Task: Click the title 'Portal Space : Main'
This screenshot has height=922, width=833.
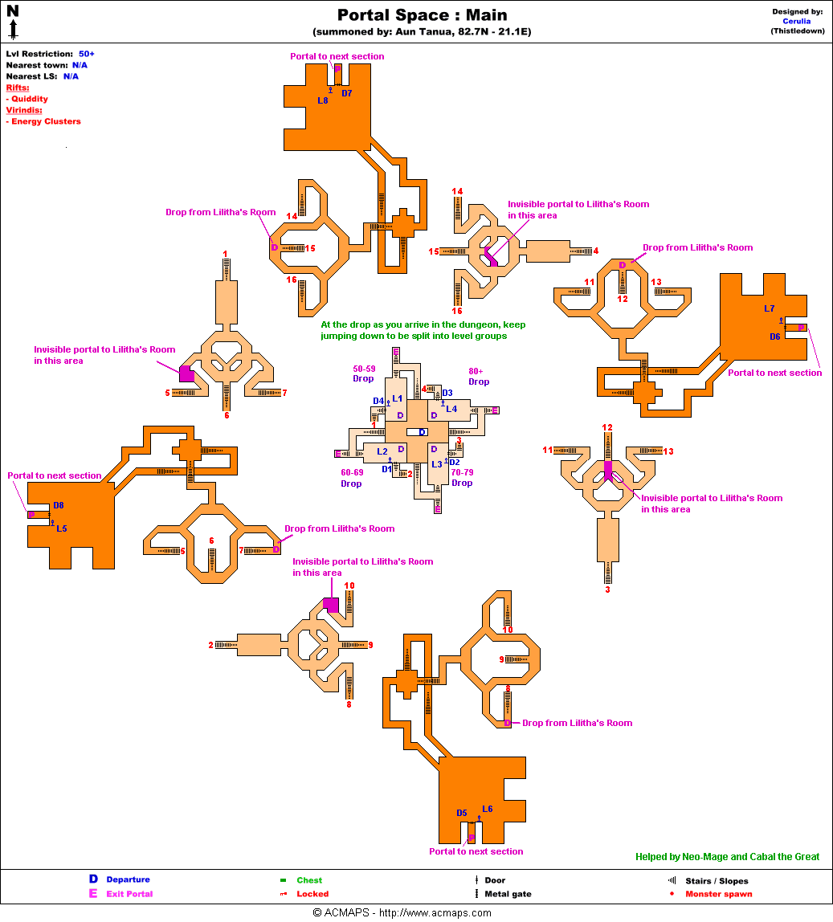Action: [422, 15]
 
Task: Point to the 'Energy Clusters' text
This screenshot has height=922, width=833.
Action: [46, 121]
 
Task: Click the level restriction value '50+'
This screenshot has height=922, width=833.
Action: [87, 53]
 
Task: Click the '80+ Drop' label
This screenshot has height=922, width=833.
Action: [479, 377]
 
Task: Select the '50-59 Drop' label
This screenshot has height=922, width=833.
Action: [364, 373]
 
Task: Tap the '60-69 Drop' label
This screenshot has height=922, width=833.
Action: [352, 478]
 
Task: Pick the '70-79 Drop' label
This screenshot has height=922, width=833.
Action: [462, 478]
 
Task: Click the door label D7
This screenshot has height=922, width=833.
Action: [347, 93]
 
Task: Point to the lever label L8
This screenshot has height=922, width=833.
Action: [323, 100]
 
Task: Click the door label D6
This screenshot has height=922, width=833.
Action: [774, 337]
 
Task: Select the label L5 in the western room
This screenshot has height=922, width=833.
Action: [62, 528]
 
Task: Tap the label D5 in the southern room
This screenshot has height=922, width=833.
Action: [462, 813]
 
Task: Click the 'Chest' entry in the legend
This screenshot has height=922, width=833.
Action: [309, 880]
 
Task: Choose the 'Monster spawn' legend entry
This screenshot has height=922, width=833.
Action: [718, 894]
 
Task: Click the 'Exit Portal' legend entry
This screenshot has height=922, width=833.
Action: [129, 894]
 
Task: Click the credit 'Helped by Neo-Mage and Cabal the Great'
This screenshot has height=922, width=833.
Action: [727, 857]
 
